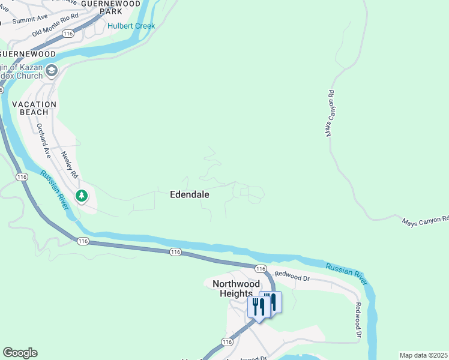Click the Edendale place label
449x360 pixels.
[x=189, y=194]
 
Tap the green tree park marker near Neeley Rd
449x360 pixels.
[x=81, y=196]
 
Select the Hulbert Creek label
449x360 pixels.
[x=131, y=26]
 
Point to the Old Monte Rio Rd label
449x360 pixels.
[x=55, y=25]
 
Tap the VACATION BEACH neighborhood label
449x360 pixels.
[x=34, y=108]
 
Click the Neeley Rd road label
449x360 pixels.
[x=70, y=164]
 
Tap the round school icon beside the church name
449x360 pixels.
[x=51, y=71]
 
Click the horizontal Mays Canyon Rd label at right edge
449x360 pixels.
[x=425, y=220]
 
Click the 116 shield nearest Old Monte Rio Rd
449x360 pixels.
[x=67, y=34]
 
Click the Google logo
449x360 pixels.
[x=20, y=353]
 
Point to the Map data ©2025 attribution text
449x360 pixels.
[x=423, y=355]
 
